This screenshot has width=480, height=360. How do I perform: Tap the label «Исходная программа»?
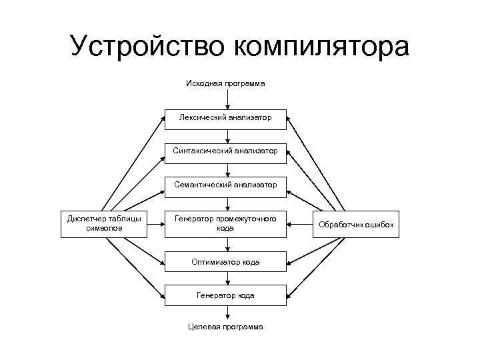coord(225,84)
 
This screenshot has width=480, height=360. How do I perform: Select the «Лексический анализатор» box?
coord(225,119)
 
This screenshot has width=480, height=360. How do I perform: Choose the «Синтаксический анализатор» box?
coord(225,151)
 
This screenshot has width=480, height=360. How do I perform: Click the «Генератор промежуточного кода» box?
coord(225,224)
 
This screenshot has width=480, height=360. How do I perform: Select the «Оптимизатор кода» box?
coord(225,262)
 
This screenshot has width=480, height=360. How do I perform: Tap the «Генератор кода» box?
coord(225,295)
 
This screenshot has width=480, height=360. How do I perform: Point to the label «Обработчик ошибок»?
coord(356,225)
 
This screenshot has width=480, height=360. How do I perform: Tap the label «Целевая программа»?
coord(225,327)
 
